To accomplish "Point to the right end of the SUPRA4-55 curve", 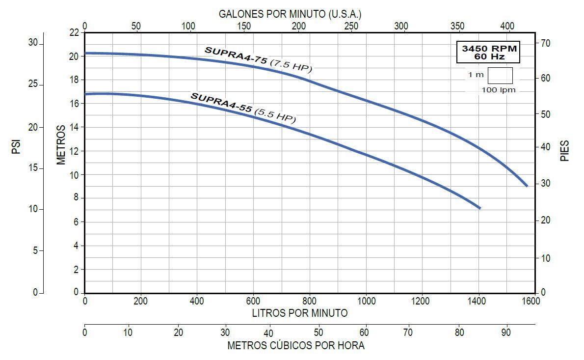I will (479, 208).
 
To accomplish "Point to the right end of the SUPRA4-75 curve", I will (527, 186).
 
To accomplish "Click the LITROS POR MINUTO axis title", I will (300, 313).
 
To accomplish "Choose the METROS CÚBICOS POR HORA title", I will (296, 346).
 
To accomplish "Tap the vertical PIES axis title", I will (565, 151).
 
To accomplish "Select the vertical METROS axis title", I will (61, 145).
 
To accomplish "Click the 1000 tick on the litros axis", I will (366, 301).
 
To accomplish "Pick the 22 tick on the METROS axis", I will (74, 32).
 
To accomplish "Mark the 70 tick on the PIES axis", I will (546, 43).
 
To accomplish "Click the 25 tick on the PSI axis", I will (33, 84).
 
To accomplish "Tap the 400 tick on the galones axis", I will (507, 26).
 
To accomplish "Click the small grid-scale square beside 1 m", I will (500, 76).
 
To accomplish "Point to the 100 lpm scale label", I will (499, 90).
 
